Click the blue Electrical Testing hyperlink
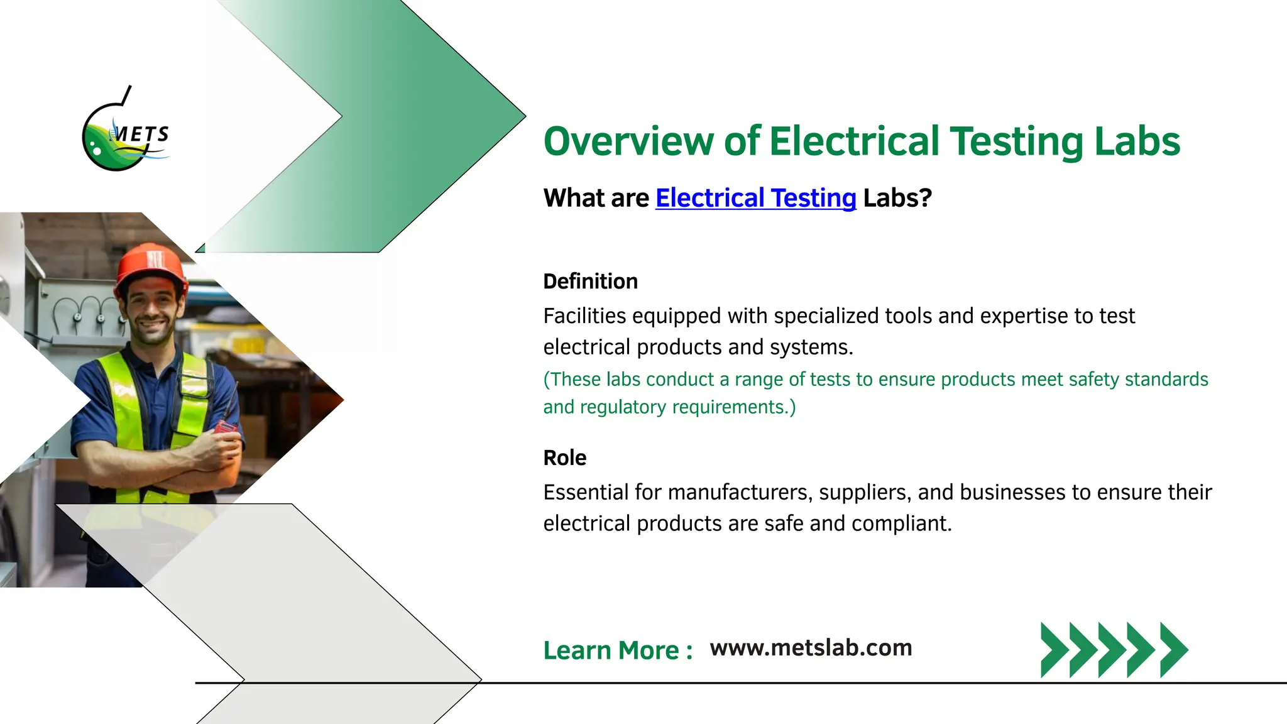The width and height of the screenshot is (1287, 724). (x=755, y=198)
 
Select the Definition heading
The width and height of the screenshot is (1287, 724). (x=590, y=282)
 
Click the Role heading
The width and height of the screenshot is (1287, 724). (x=564, y=458)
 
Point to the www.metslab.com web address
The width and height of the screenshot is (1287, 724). (x=811, y=648)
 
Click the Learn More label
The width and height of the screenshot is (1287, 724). (x=617, y=650)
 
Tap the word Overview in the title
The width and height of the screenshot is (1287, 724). (x=628, y=141)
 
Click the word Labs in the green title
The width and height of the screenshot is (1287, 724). (x=1137, y=141)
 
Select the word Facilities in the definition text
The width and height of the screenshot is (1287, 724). (x=584, y=316)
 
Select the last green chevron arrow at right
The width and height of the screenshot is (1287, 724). (x=1173, y=650)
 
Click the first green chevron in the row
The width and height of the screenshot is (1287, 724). (x=1054, y=650)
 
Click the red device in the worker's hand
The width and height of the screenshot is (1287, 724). (x=225, y=429)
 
